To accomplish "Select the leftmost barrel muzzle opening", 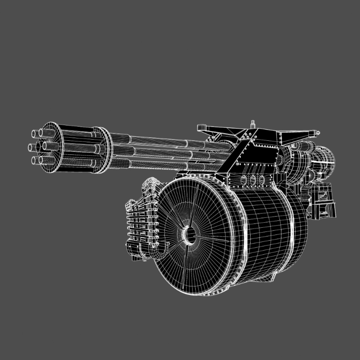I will (x=32, y=134).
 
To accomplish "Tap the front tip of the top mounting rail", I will (x=202, y=127).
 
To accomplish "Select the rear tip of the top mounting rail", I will (x=318, y=133).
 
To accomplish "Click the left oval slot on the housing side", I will (x=245, y=180).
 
